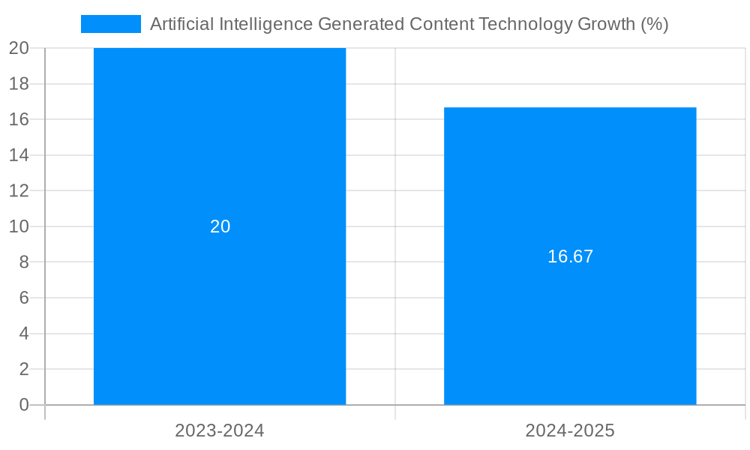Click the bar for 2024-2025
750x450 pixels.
[570, 187]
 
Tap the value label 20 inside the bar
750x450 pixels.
[220, 226]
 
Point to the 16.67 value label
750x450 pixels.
[570, 256]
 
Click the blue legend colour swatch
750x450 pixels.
[110, 24]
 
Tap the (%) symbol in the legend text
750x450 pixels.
[654, 24]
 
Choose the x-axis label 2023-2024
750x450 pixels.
[220, 430]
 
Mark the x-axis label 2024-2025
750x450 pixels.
[570, 430]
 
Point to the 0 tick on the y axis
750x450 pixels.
[23, 405]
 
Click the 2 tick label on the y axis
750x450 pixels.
[23, 369]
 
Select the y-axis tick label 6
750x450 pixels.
[23, 298]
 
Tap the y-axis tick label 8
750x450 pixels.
[23, 262]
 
